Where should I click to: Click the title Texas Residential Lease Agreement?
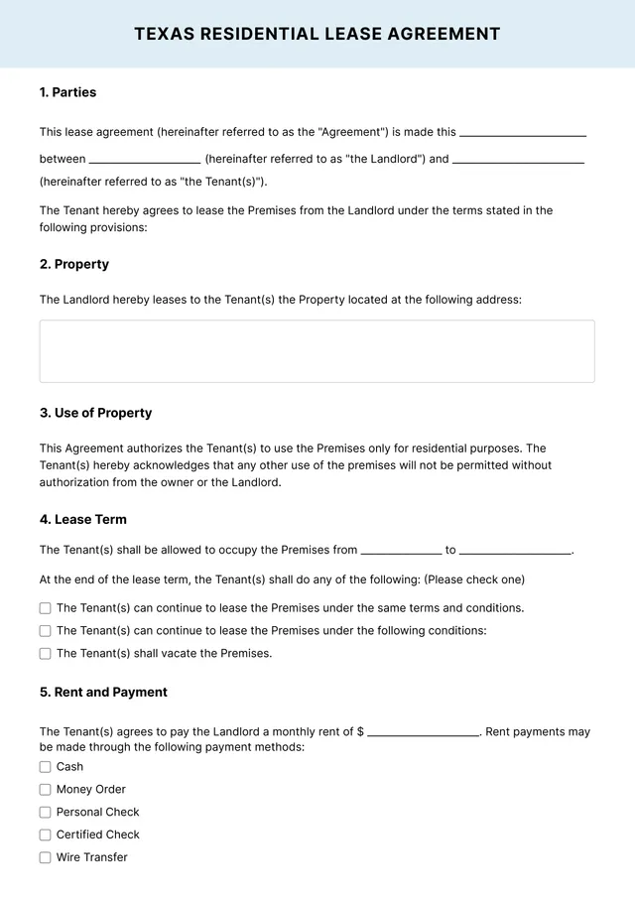pyautogui.click(x=317, y=34)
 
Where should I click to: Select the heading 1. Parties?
pyautogui.click(x=68, y=92)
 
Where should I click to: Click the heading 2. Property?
pyautogui.click(x=74, y=264)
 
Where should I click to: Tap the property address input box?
pyautogui.click(x=317, y=351)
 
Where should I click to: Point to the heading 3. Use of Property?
pyautogui.click(x=96, y=413)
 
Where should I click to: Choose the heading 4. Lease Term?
pyautogui.click(x=83, y=519)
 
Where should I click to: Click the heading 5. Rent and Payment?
pyautogui.click(x=103, y=692)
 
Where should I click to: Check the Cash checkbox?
pyautogui.click(x=46, y=767)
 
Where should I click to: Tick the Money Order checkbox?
pyautogui.click(x=46, y=790)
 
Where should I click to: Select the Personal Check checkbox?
pyautogui.click(x=46, y=813)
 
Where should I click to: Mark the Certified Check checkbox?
pyautogui.click(x=46, y=835)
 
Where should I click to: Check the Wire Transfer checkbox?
pyautogui.click(x=46, y=858)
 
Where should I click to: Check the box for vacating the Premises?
pyautogui.click(x=46, y=654)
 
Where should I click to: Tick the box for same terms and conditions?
pyautogui.click(x=46, y=608)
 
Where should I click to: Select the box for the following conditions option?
pyautogui.click(x=46, y=631)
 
